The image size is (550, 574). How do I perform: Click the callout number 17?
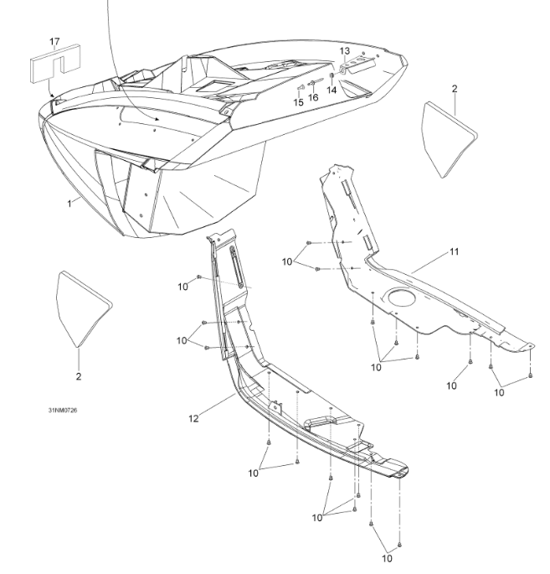(x=54, y=41)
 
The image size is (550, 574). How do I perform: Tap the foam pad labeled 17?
(x=54, y=64)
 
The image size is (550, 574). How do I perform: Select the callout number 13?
(x=345, y=51)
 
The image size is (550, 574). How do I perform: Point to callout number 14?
(x=332, y=89)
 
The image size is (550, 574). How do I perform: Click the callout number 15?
(x=298, y=102)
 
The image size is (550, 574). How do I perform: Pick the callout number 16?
(x=313, y=97)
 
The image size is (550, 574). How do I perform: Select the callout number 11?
(x=454, y=251)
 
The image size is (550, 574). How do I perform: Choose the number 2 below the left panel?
(x=79, y=376)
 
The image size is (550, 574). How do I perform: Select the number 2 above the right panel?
(x=455, y=87)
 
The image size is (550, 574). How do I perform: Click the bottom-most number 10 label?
(x=386, y=557)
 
